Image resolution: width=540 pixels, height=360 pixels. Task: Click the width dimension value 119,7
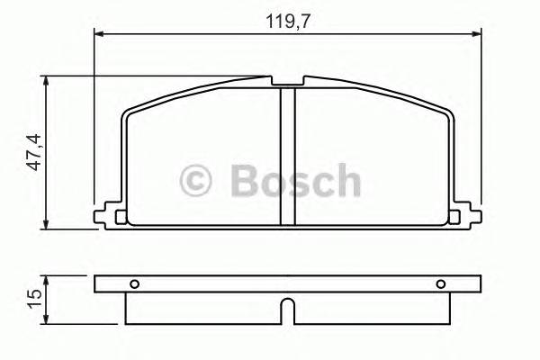[289, 21]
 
